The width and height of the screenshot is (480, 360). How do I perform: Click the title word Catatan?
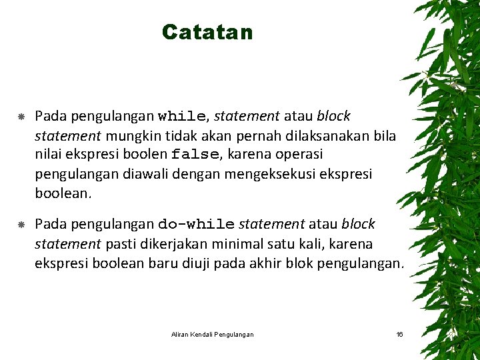tap(207, 32)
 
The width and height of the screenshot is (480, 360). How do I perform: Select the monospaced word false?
tap(195, 155)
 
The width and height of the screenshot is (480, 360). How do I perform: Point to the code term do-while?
tap(196, 225)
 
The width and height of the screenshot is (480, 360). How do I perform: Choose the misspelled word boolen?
tap(145, 155)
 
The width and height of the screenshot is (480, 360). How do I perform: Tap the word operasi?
tap(293, 155)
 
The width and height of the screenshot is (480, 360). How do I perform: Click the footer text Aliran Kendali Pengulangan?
tap(212, 334)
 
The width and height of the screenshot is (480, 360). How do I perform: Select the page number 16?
tap(399, 334)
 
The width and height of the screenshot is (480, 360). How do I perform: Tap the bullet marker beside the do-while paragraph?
tap(21, 225)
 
